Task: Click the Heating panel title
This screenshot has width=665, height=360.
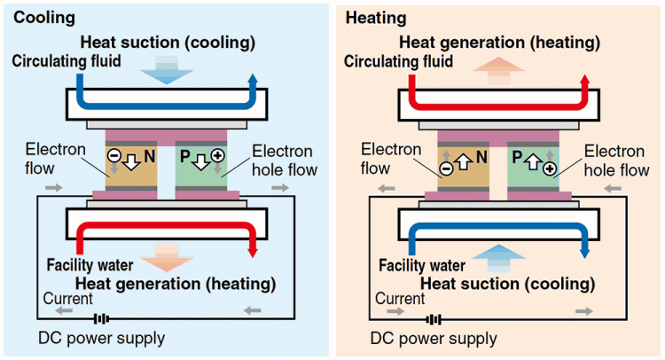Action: pyautogui.click(x=376, y=17)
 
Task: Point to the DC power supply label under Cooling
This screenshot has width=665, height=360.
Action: pyautogui.click(x=101, y=338)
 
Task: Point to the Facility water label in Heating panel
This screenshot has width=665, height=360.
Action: pyautogui.click(x=421, y=265)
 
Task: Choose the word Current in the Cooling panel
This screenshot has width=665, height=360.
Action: pyautogui.click(x=65, y=299)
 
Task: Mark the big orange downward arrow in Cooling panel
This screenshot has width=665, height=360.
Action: pyautogui.click(x=167, y=256)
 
